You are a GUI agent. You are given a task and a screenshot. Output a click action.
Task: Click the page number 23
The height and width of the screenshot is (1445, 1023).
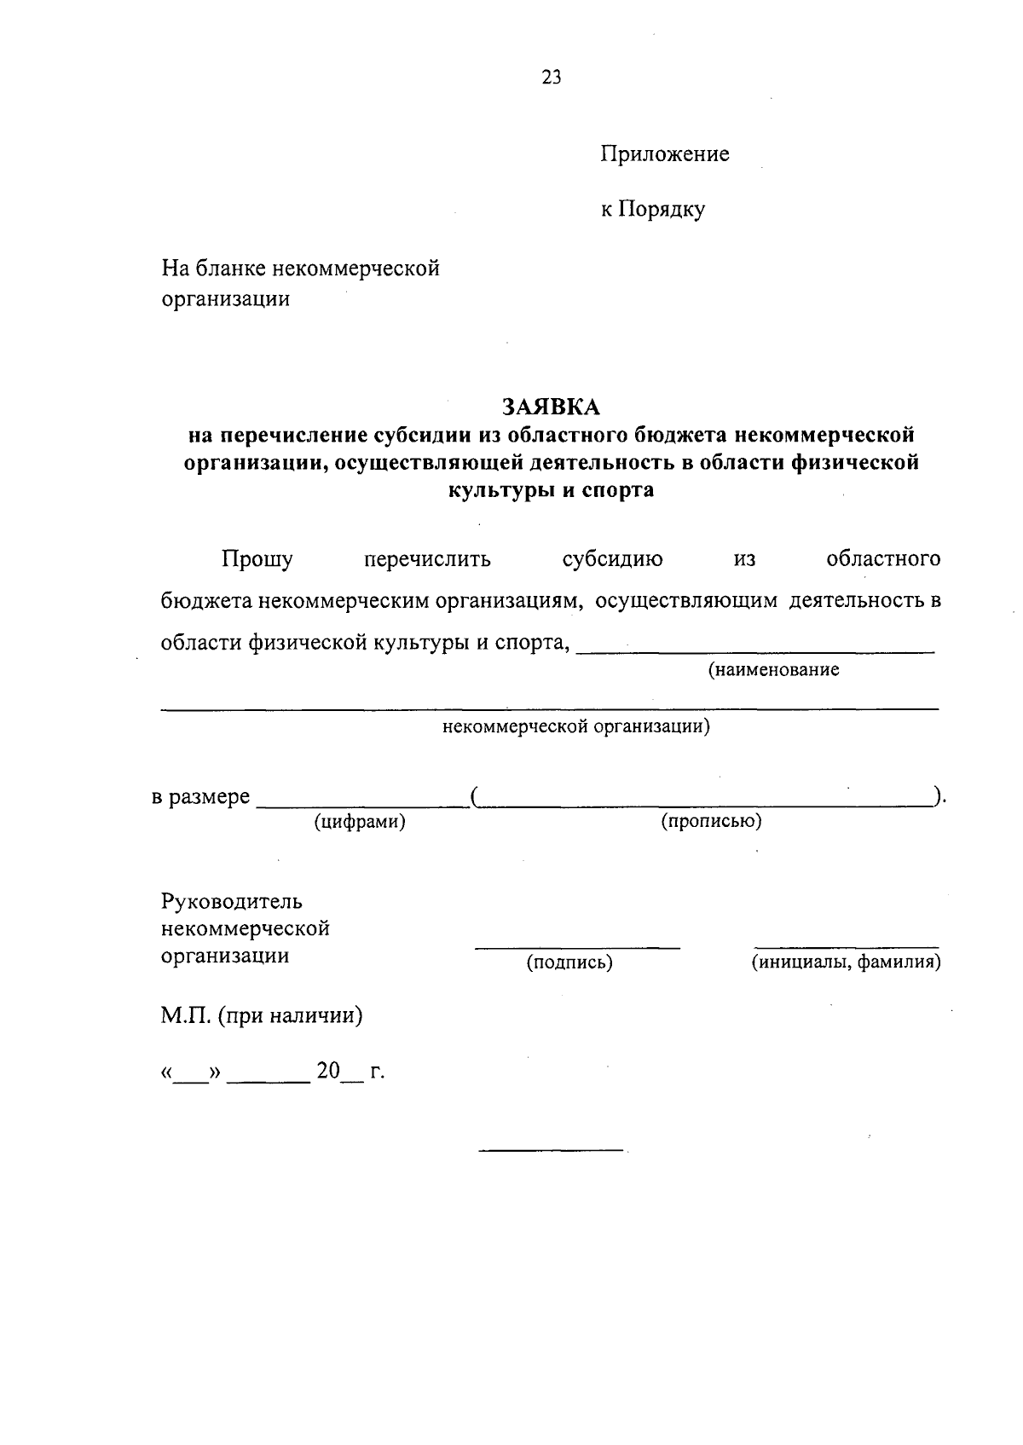552,78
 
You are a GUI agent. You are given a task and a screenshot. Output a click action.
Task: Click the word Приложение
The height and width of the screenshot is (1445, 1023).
665,154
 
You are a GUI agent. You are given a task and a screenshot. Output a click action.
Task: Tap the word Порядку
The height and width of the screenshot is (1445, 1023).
662,209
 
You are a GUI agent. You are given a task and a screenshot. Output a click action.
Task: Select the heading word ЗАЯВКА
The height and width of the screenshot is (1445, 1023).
551,407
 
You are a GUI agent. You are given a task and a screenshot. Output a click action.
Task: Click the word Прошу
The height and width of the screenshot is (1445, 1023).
257,559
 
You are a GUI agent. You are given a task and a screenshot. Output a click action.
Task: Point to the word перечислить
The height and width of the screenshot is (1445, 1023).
427,559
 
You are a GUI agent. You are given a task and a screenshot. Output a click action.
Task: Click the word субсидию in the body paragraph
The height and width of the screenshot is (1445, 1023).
612,559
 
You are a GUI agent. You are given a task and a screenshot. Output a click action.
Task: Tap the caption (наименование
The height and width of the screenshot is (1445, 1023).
773,670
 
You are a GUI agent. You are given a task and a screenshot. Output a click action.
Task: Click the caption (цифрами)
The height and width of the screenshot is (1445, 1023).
359,822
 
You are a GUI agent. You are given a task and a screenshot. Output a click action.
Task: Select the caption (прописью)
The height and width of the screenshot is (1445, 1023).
711,822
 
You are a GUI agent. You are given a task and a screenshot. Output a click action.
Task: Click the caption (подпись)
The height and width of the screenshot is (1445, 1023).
569,963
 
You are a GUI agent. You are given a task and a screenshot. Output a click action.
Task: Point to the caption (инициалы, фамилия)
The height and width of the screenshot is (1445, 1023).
846,963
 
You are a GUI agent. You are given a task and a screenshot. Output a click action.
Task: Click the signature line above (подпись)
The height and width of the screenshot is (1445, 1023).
577,947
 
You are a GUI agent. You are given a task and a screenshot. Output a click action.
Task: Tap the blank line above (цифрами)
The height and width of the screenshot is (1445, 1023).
361,805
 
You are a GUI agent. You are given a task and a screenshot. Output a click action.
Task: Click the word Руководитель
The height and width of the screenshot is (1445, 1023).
232,901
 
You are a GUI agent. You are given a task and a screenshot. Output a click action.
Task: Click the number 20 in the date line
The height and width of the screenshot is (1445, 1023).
328,1071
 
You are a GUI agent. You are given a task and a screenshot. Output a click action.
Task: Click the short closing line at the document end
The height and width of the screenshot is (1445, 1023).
551,1151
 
